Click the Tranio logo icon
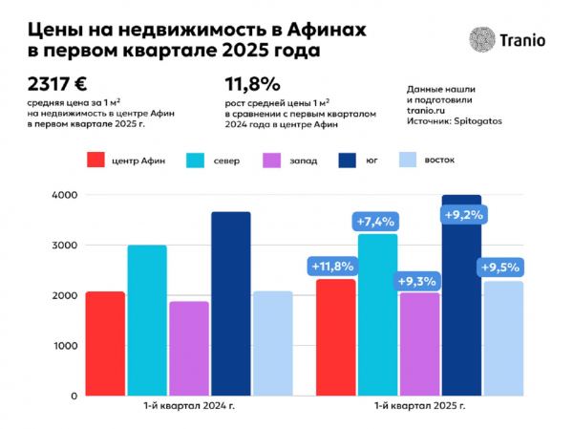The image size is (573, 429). click(x=482, y=38)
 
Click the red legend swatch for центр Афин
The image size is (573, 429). click(x=95, y=160)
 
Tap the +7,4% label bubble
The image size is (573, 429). click(x=375, y=222)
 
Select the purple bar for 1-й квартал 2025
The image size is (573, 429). click(x=418, y=344)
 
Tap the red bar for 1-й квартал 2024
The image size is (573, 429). click(x=105, y=343)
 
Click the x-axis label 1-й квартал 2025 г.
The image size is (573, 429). click(x=419, y=408)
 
